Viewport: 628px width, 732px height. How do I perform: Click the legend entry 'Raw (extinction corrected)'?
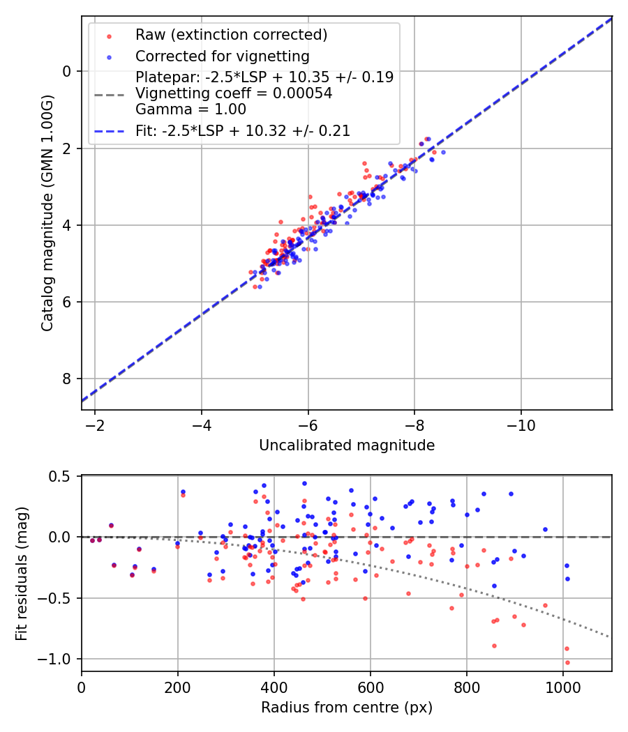(231, 35)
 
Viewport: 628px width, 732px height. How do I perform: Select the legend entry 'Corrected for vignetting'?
(222, 56)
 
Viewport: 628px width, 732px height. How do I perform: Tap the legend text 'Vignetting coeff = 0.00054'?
(234, 93)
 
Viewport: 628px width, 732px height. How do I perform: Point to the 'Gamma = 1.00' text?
(190, 109)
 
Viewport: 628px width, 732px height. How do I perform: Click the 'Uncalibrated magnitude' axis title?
(347, 445)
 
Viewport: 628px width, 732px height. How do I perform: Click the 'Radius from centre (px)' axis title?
(347, 708)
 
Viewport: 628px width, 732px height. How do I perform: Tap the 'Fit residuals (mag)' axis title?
(22, 574)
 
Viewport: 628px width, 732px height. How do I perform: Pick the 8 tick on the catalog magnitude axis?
(68, 379)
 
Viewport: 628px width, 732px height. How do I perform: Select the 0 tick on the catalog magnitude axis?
(68, 71)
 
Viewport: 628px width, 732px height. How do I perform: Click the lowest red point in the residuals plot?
(567, 662)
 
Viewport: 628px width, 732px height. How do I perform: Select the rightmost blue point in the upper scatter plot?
(443, 152)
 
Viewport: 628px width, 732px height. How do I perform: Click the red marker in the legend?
(109, 35)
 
